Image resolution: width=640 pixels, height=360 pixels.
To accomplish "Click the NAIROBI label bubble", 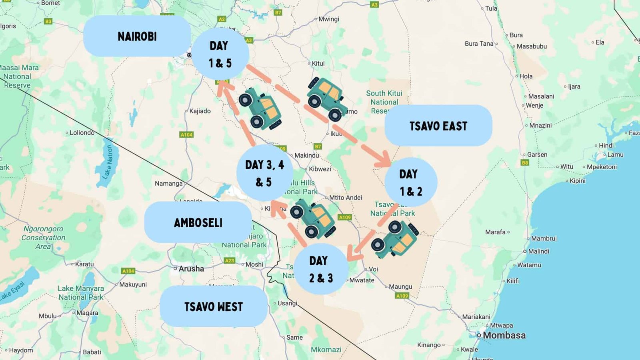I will [x=137, y=36].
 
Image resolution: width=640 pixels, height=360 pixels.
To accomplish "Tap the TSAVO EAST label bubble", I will [x=438, y=126].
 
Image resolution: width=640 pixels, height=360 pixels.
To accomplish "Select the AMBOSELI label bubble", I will [x=198, y=222].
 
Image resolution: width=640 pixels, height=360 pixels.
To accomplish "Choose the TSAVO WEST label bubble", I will [x=214, y=306].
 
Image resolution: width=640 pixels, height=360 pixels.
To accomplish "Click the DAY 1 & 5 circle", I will [x=220, y=54].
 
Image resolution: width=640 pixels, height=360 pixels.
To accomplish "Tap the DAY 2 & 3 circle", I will [x=321, y=269].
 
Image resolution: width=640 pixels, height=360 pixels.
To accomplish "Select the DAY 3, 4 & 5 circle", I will [x=264, y=173].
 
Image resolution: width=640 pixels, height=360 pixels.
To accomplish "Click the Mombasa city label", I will [x=504, y=335].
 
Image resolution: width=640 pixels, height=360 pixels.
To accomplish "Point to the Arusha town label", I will [x=191, y=269].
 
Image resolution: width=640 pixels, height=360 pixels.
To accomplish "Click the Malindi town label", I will [x=538, y=251].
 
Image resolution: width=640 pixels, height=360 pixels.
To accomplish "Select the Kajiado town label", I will [x=200, y=111].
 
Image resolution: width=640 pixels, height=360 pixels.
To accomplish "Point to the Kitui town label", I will [x=318, y=63].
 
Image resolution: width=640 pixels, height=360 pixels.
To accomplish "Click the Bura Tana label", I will [x=479, y=44].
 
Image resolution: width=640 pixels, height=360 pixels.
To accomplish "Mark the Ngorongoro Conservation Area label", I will [x=43, y=237].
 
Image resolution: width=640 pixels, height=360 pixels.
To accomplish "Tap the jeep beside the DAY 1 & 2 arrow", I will [x=395, y=239].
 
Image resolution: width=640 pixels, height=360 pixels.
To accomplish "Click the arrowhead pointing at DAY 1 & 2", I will [x=385, y=160].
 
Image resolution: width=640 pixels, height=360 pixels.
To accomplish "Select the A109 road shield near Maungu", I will [x=402, y=296].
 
